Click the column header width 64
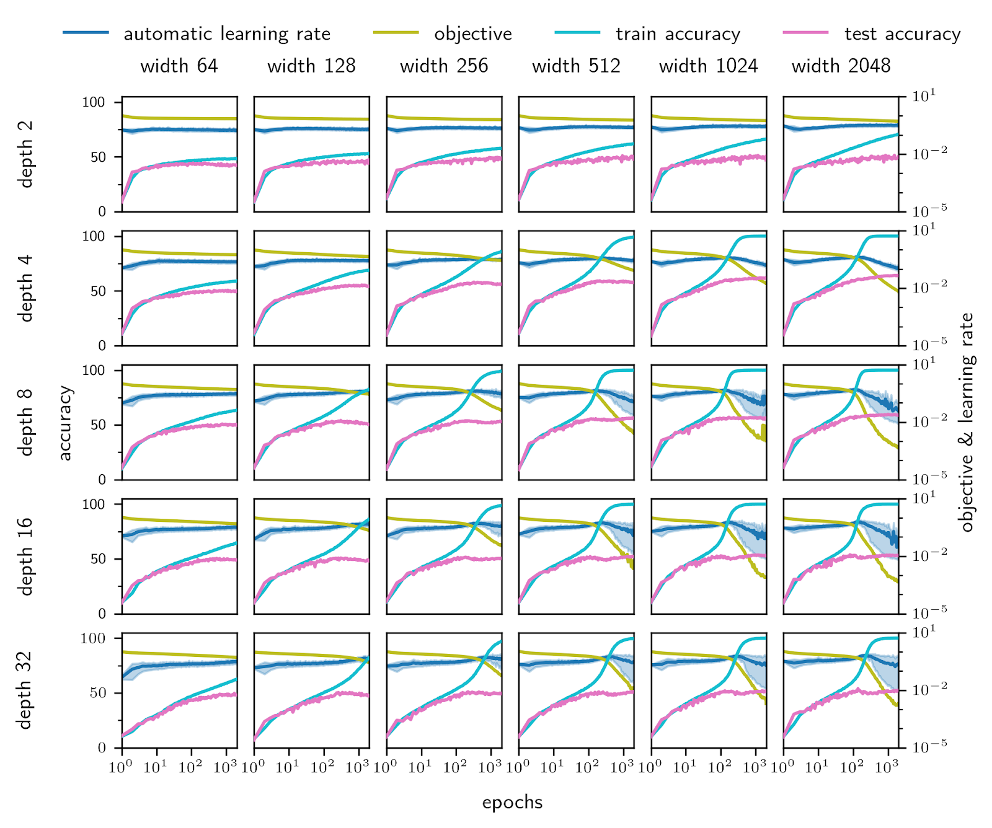click(179, 66)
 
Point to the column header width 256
click(444, 66)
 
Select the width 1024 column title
click(708, 66)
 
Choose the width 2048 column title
click(841, 66)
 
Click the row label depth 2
click(25, 154)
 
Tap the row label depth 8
click(25, 422)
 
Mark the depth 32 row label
click(25, 690)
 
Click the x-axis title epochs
click(512, 803)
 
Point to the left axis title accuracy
click(65, 423)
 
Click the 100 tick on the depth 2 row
click(94, 102)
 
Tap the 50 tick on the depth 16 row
click(99, 559)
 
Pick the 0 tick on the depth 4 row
click(102, 346)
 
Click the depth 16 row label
click(25, 556)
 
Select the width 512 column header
click(576, 66)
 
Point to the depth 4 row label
click(25, 288)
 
